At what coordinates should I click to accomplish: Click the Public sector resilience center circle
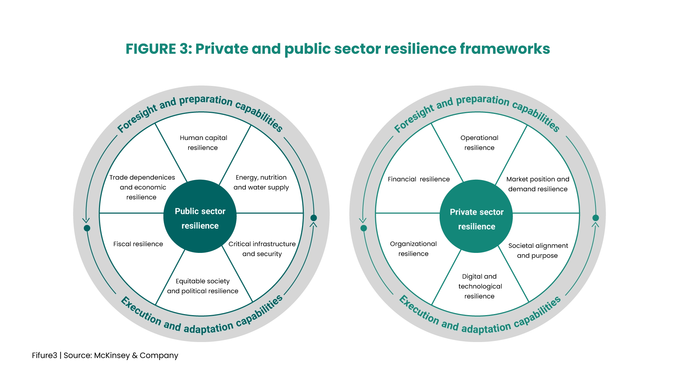click(x=200, y=216)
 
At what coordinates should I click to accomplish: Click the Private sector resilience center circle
click(x=476, y=216)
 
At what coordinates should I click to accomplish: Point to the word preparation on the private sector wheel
click(x=482, y=100)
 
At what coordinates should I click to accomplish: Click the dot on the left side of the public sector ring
click(x=87, y=228)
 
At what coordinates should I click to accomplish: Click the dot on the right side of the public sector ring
click(x=314, y=218)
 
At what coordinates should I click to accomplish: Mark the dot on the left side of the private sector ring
click(x=364, y=228)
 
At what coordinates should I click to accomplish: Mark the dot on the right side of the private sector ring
click(x=596, y=218)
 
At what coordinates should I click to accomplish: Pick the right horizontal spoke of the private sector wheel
click(x=546, y=213)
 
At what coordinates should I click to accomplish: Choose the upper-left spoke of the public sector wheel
click(x=171, y=152)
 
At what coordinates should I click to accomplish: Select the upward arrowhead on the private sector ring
click(x=596, y=225)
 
